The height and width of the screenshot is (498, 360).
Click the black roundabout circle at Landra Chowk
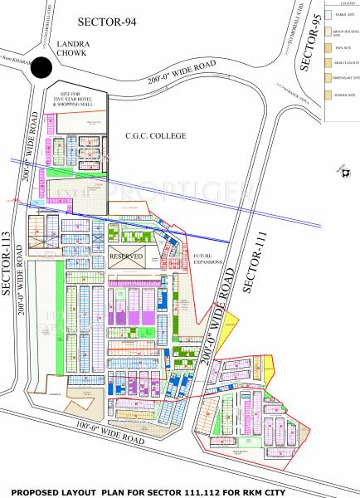pos(39,71)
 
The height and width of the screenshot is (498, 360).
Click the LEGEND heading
pos(341,5)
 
